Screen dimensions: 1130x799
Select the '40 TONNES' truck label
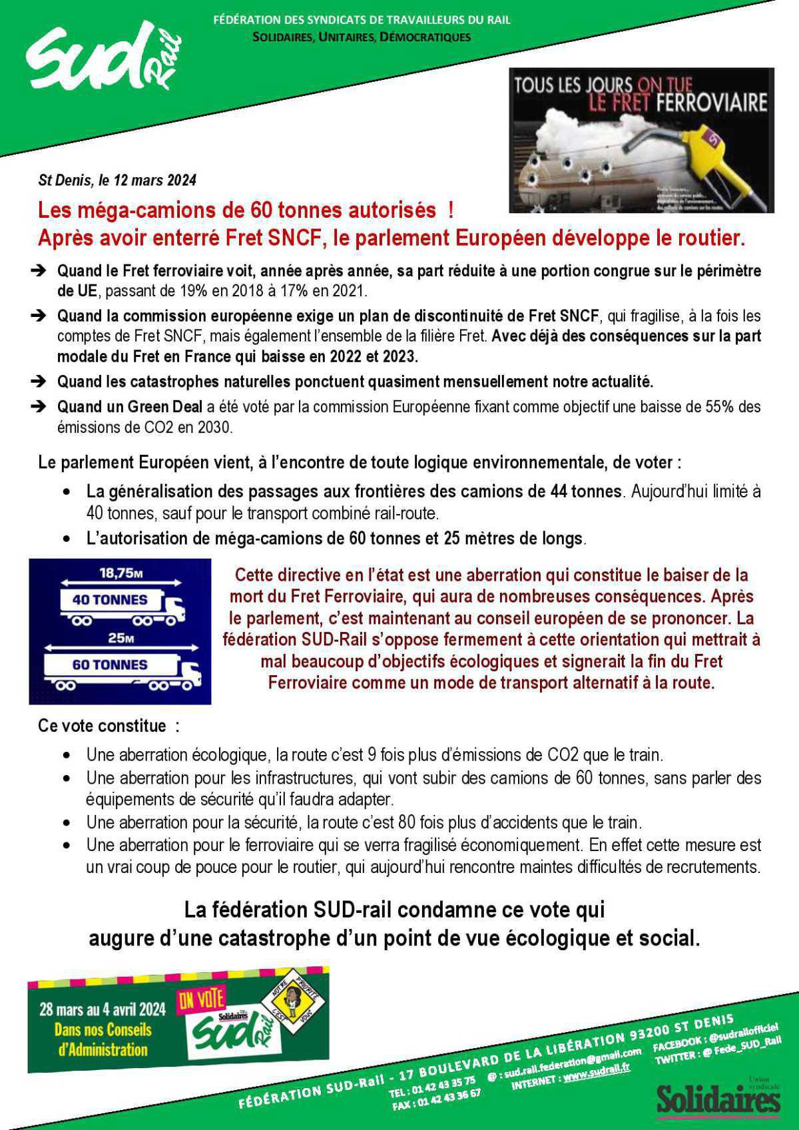pos(110,599)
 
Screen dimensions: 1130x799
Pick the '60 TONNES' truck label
pos(110,665)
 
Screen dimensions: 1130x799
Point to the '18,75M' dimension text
pos(121,572)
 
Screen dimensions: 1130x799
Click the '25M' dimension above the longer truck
pos(121,638)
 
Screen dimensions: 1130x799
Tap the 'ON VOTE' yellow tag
pos(201,999)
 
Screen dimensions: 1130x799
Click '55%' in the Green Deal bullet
pos(720,407)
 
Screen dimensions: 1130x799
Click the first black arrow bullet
pos(39,270)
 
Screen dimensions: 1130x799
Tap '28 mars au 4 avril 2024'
pos(103,1008)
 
